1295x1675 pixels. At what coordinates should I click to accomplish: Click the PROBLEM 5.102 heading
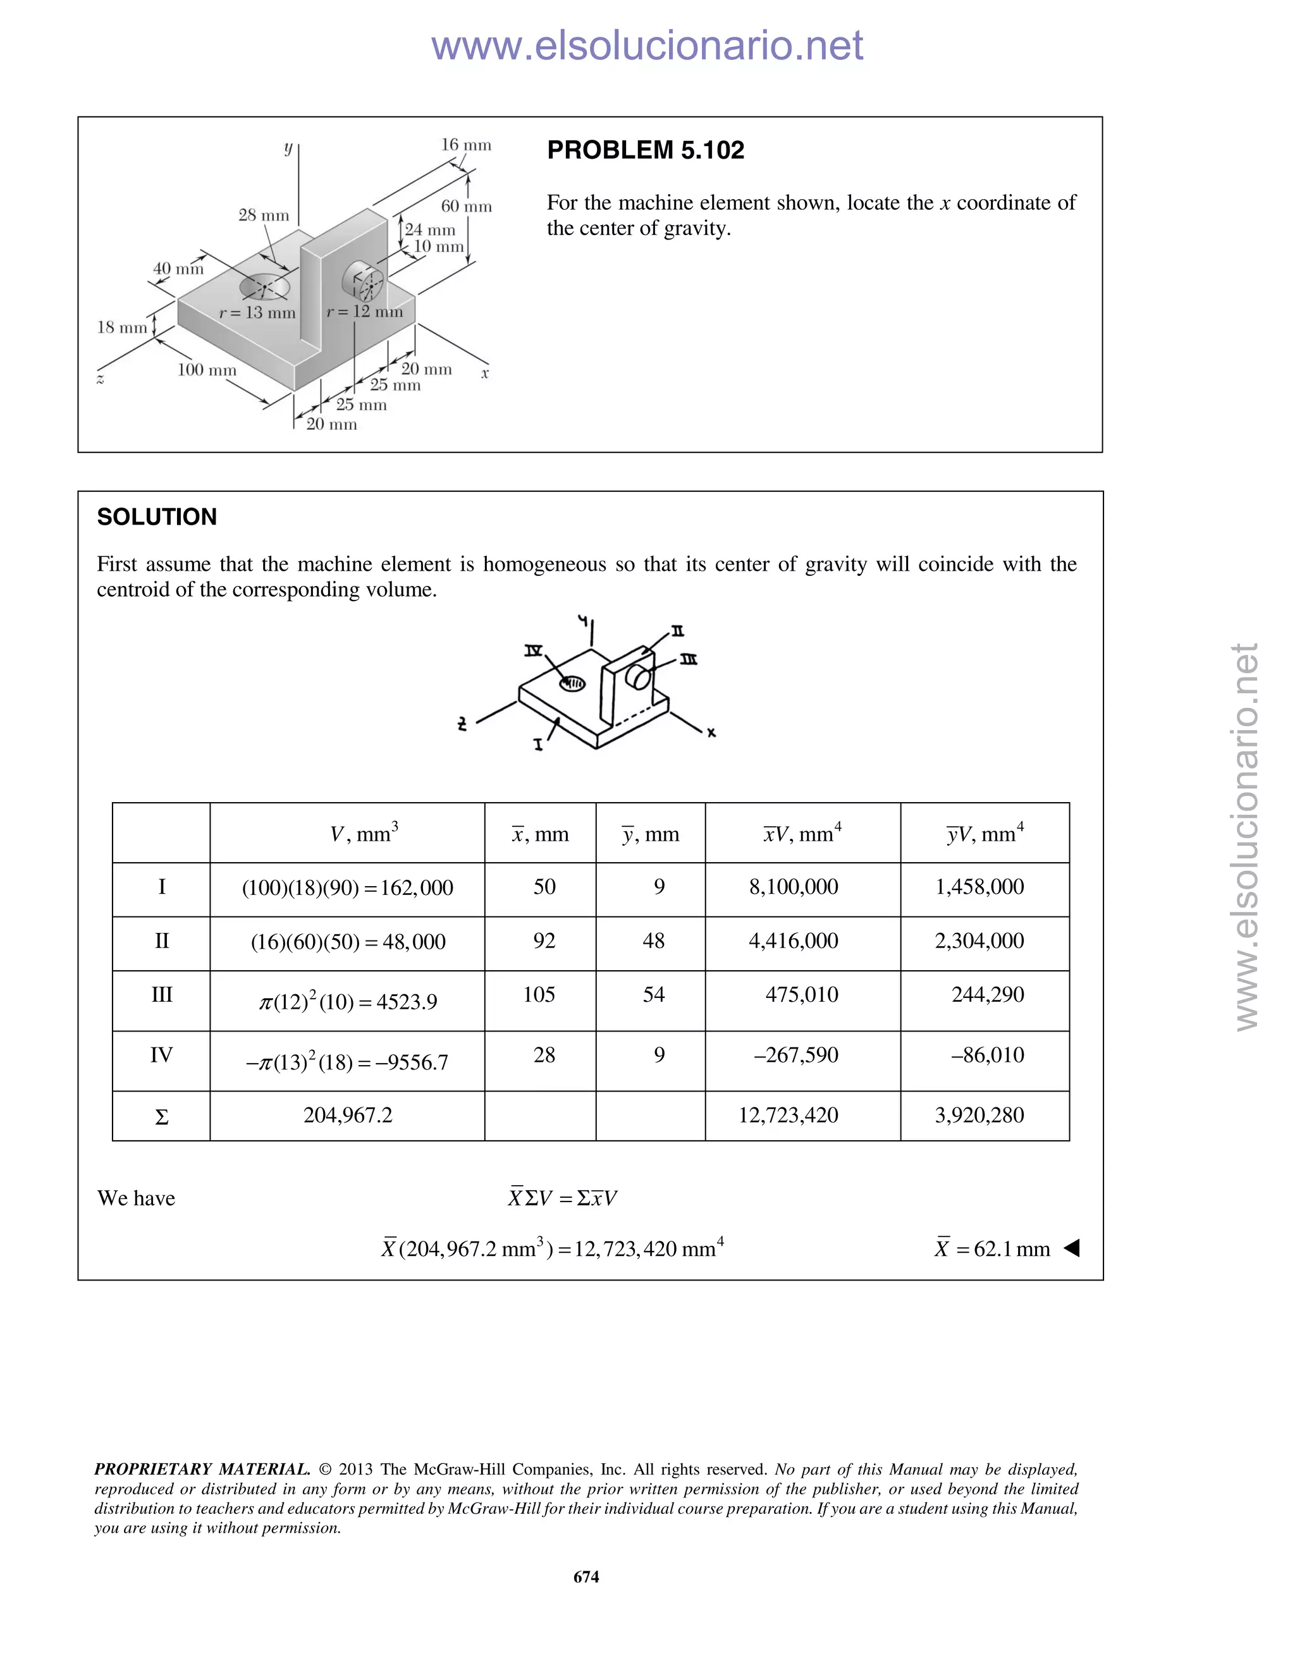645,150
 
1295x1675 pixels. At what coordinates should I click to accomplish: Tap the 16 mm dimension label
465,145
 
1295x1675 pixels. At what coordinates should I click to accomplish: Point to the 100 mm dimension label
207,370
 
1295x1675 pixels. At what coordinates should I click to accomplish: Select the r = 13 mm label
257,313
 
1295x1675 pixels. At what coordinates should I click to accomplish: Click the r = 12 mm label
364,312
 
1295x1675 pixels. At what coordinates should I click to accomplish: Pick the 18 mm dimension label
122,327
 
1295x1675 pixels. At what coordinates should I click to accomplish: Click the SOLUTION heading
157,517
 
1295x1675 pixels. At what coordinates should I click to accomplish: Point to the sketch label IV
533,651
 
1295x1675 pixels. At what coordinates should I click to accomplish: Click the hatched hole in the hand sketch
572,683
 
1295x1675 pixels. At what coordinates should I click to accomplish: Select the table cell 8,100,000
794,887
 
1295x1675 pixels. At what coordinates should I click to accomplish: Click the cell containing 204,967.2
348,1115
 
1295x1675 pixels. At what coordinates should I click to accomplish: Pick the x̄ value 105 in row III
539,995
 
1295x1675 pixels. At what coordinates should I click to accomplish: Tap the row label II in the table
161,941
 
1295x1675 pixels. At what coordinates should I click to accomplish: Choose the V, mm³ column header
364,834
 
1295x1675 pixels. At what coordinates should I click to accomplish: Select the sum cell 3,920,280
979,1115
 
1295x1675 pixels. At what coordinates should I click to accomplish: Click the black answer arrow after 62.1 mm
1072,1248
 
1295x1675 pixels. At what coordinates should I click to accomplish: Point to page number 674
586,1577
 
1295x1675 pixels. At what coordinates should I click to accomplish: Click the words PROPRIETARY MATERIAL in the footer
202,1470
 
